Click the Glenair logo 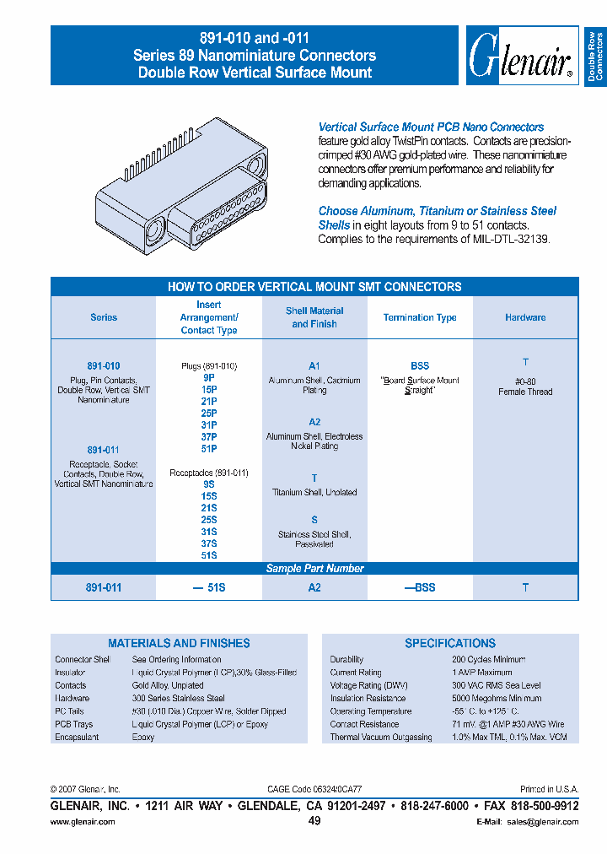[521, 56]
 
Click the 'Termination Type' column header [420, 317]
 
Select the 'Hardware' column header [525, 317]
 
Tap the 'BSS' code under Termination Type [420, 366]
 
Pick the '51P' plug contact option [210, 450]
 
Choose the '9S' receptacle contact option [209, 485]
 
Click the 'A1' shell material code [314, 366]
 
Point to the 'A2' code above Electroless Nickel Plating [314, 422]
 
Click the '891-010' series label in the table [104, 366]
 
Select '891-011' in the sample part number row [104, 587]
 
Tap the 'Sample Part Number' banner [314, 569]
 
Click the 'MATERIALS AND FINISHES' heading [179, 643]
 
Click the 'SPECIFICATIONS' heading [450, 643]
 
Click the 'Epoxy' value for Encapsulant [143, 738]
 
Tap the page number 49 [314, 821]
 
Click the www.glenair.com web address [83, 822]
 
